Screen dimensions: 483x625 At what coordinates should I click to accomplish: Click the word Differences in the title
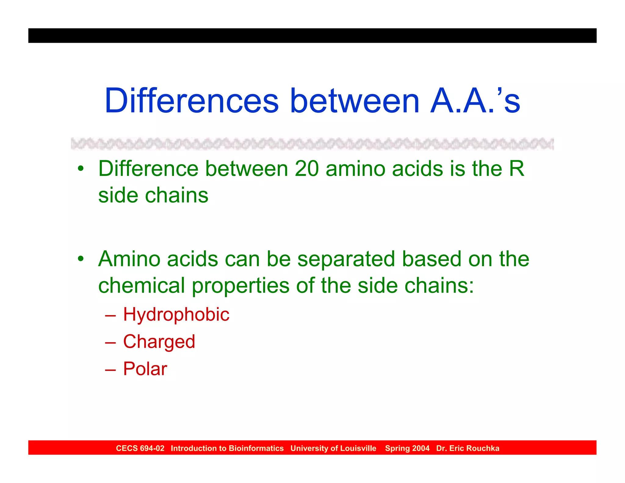click(192, 101)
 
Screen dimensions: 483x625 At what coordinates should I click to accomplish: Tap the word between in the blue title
click(355, 101)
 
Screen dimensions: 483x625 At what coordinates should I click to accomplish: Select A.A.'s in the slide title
click(475, 101)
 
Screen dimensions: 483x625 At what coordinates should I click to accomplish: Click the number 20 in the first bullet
click(307, 169)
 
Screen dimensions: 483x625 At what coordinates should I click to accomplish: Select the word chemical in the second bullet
click(142, 285)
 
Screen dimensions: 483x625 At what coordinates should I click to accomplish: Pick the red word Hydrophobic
click(176, 314)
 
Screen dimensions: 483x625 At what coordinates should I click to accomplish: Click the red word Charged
click(159, 342)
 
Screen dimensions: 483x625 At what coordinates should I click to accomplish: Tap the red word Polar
click(145, 369)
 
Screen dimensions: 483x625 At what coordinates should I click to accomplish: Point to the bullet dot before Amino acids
click(81, 259)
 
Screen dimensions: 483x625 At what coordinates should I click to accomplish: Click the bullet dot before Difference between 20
click(81, 169)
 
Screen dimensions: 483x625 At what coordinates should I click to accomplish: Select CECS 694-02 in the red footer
click(140, 448)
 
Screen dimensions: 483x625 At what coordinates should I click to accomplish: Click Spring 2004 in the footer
click(407, 448)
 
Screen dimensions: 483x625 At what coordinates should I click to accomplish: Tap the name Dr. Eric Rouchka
click(468, 448)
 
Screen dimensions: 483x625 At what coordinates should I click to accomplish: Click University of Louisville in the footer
click(333, 448)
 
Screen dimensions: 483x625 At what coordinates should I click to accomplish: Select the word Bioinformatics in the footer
click(256, 448)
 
